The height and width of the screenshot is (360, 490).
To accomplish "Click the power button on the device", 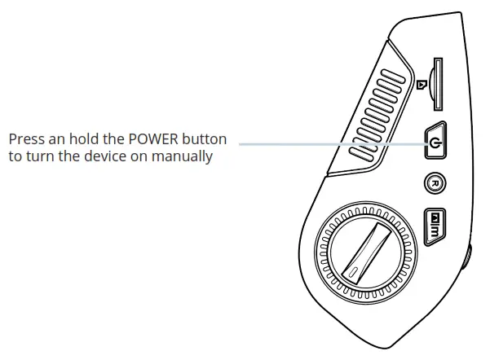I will pyautogui.click(x=435, y=143).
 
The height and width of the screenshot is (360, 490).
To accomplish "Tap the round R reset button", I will pyautogui.click(x=435, y=184).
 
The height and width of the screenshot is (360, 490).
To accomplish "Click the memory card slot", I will pyautogui.click(x=438, y=85).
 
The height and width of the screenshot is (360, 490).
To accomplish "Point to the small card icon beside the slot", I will pyautogui.click(x=422, y=84).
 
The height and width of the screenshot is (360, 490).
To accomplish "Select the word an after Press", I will pyautogui.click(x=56, y=139).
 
